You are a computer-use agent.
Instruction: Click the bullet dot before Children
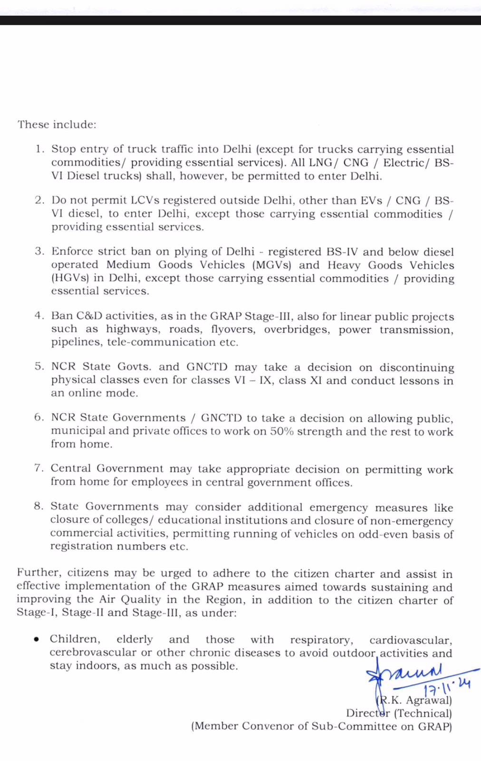tap(37, 640)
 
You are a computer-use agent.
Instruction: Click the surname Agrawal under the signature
tap(429, 700)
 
